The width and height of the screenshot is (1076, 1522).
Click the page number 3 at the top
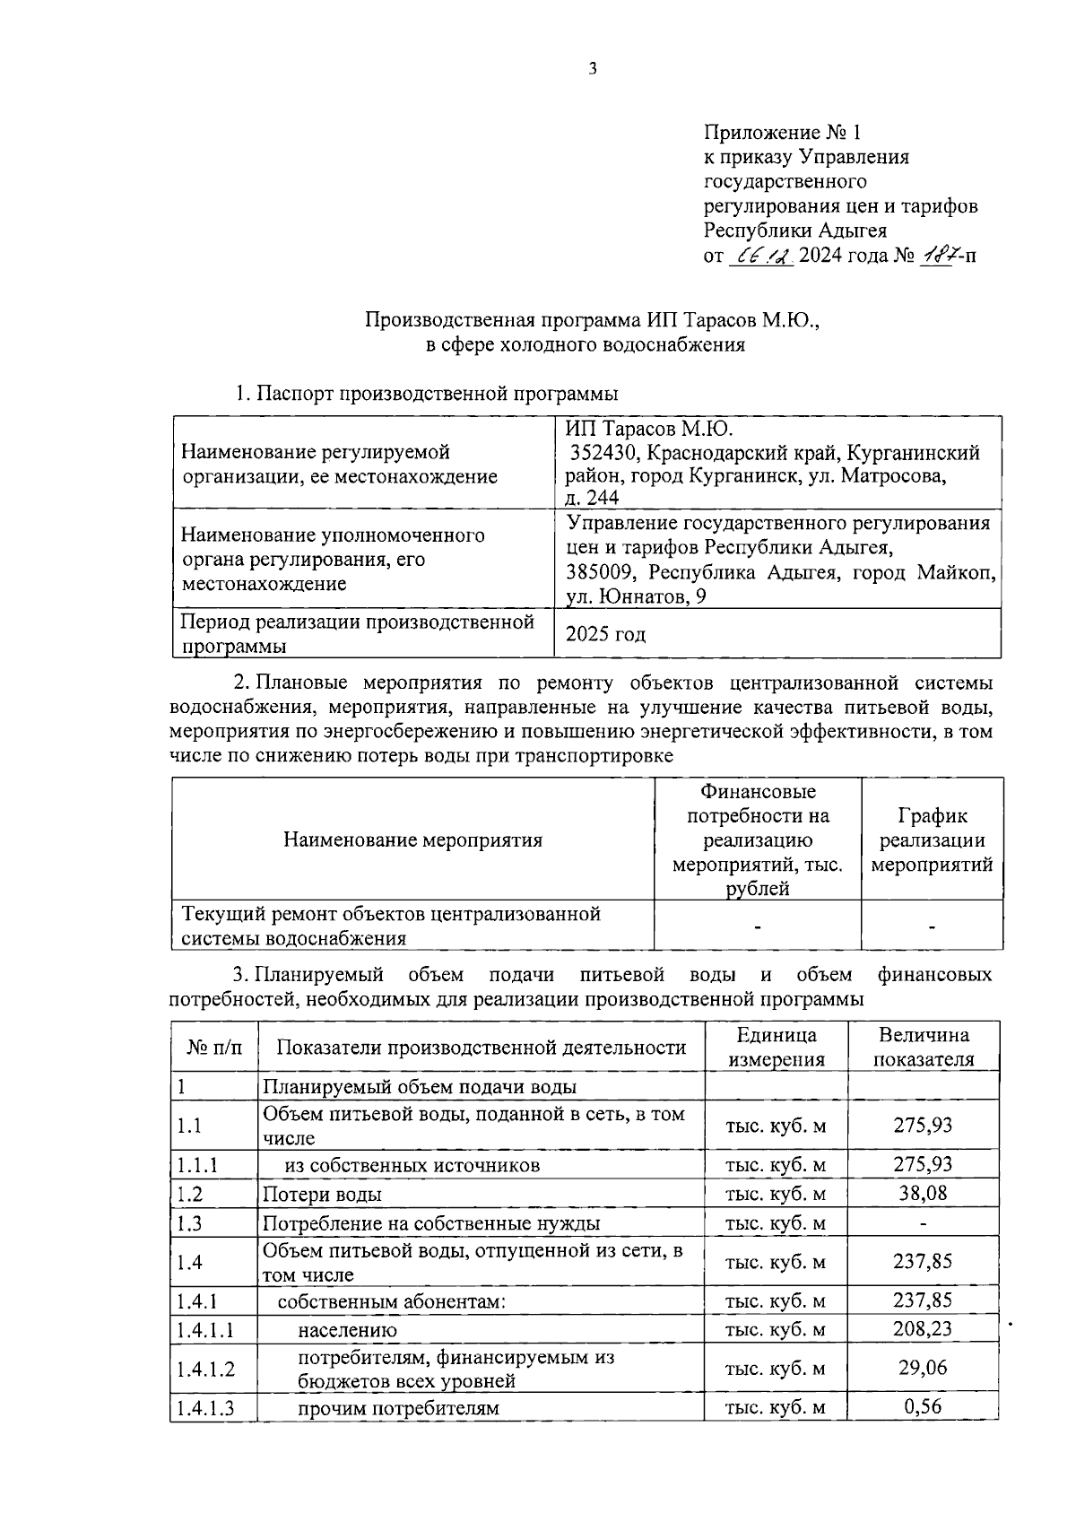coord(592,68)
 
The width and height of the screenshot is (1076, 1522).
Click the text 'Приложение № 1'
coord(782,133)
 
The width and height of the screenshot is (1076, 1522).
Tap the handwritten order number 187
coord(936,256)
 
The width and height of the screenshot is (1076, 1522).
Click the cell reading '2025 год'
coord(605,634)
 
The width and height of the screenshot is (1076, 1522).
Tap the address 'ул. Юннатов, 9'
coord(636,596)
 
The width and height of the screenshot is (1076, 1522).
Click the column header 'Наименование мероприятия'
coord(412,840)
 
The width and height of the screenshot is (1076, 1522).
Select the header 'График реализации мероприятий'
coord(932,840)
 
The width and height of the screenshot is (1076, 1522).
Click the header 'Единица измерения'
coord(777,1047)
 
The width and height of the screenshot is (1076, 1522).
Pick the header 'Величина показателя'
coord(924,1047)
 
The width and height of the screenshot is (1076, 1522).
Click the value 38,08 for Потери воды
coord(923,1193)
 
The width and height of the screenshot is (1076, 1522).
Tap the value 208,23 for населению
coord(923,1328)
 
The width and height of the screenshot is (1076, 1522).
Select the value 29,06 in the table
coord(923,1368)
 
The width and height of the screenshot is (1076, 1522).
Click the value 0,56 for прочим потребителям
coord(923,1406)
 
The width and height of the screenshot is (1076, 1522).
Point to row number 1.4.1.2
coord(205,1369)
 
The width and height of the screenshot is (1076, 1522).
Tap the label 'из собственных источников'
coord(412,1165)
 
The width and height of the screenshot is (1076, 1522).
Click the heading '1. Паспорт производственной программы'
coord(427,393)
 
